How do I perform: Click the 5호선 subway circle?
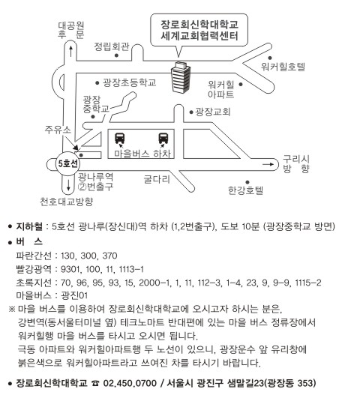67,163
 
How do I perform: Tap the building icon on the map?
181,77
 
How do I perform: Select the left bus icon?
120,139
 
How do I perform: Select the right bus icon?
163,139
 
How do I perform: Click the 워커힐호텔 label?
283,67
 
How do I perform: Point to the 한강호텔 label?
246,190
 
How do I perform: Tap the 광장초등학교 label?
130,82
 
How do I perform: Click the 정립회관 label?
112,46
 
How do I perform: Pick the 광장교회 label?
213,112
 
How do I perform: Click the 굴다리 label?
157,179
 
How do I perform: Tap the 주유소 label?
58,130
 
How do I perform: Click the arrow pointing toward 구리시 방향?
268,164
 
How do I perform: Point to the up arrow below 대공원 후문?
70,52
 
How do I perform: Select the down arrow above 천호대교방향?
68,185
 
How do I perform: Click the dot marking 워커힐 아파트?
241,84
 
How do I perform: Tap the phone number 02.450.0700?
130,383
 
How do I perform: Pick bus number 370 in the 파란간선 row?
109,256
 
